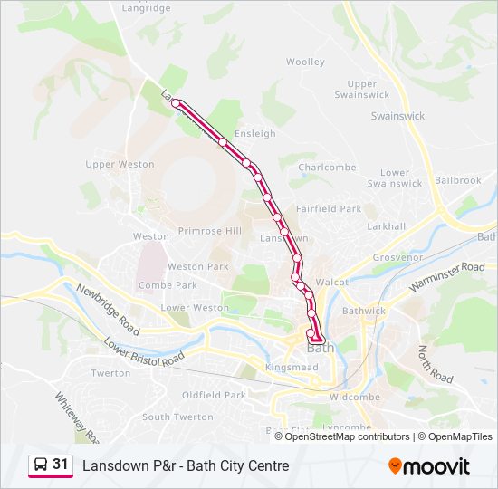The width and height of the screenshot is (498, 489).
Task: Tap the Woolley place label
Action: [305, 62]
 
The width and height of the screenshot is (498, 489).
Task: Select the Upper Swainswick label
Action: [361, 90]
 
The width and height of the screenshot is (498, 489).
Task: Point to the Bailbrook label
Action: [457, 180]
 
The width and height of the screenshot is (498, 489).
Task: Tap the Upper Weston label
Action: [120, 165]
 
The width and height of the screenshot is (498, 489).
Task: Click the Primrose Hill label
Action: [210, 231]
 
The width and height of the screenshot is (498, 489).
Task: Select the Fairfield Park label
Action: [328, 208]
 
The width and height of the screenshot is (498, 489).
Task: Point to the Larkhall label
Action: [387, 225]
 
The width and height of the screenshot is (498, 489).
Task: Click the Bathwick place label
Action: [364, 311]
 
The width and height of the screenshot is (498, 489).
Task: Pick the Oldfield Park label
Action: [214, 395]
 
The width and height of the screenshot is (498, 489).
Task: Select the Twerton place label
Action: [111, 373]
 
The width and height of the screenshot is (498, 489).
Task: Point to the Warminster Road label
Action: [446, 277]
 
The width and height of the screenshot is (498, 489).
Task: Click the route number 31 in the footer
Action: [61, 465]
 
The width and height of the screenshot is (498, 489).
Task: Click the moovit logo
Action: [429, 465]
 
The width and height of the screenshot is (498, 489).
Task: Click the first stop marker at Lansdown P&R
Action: [176, 103]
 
